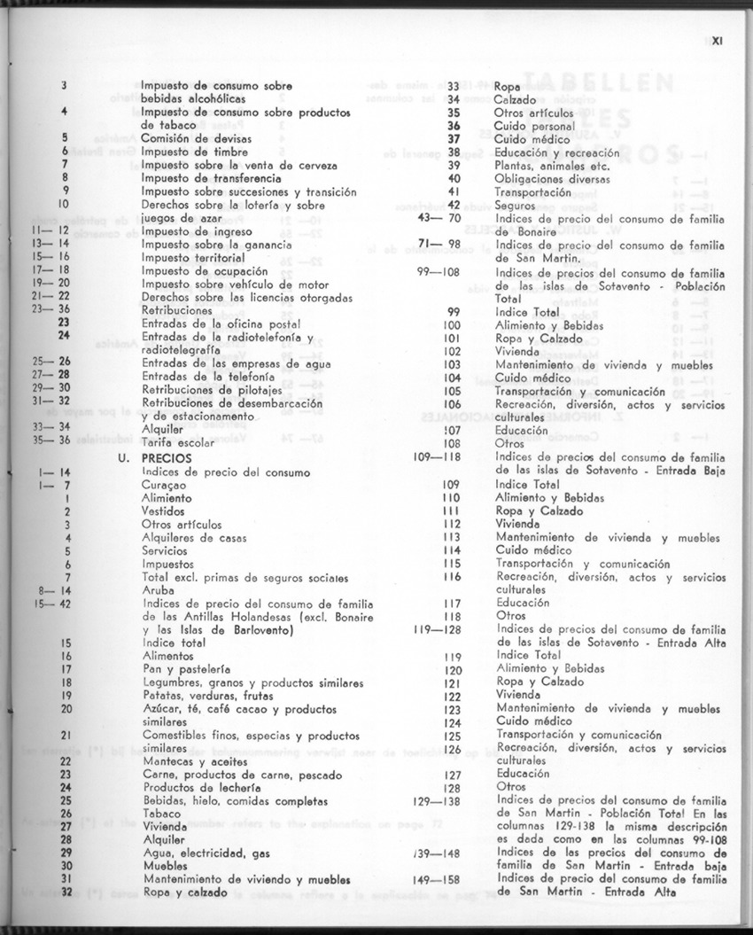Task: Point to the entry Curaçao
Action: click(x=164, y=486)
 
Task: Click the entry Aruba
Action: click(x=157, y=589)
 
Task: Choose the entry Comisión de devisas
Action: click(x=196, y=138)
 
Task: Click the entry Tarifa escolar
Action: click(x=177, y=440)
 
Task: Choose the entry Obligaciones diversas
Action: click(x=547, y=178)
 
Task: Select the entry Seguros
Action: click(x=516, y=205)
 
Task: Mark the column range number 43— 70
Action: click(x=442, y=218)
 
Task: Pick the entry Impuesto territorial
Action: click(x=192, y=257)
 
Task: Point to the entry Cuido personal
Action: click(x=534, y=126)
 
